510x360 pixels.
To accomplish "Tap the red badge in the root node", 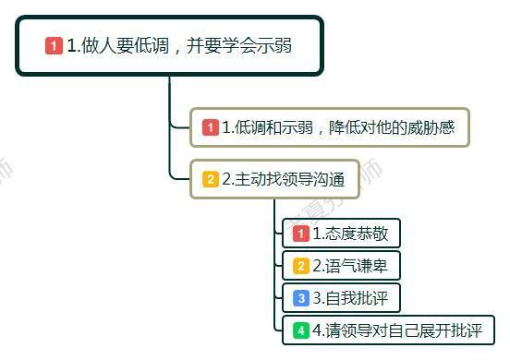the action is click(x=54, y=45).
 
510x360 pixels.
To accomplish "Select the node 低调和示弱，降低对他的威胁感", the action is click(x=330, y=127).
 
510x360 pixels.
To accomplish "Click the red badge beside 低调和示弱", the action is click(x=211, y=127).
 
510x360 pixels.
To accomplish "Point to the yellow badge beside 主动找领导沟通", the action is click(x=211, y=179).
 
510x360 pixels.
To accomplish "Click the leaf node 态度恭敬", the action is click(x=342, y=234).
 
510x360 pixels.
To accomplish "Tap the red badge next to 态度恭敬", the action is click(x=300, y=234).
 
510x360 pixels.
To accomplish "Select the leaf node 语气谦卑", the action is click(x=342, y=266).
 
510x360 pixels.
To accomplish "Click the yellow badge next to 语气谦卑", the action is click(x=300, y=266).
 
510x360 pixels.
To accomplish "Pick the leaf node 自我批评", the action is click(x=342, y=298).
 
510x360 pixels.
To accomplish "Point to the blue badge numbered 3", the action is click(x=300, y=298).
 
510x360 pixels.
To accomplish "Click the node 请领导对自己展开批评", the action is click(x=388, y=330).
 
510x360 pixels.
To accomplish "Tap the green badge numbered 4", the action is click(x=300, y=330).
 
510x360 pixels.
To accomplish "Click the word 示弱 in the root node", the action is click(x=273, y=45).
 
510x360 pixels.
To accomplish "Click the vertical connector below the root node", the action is click(x=169, y=102).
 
